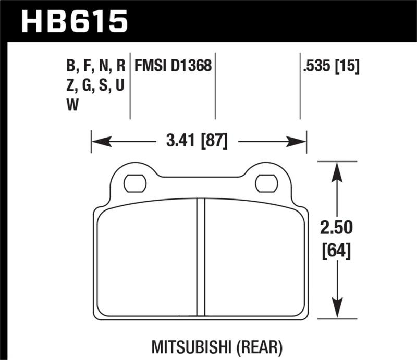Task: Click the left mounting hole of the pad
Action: pos(135,183)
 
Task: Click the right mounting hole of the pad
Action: pos(266,183)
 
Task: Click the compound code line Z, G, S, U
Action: pos(95,86)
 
